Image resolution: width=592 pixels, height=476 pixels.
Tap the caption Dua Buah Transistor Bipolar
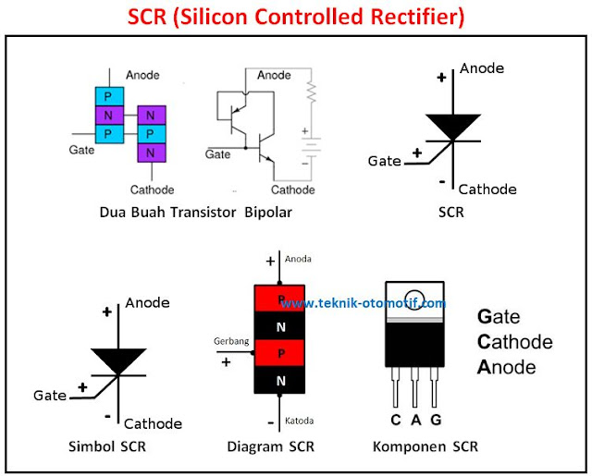click(x=195, y=213)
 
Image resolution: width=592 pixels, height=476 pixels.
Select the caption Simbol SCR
click(x=106, y=446)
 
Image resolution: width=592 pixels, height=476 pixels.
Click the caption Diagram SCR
click(x=270, y=446)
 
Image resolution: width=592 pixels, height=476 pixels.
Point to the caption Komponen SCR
click(x=425, y=446)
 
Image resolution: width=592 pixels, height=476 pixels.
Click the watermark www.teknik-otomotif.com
click(x=363, y=303)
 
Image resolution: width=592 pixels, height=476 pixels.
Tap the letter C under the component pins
click(x=396, y=421)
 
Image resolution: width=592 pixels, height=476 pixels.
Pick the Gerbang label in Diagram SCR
click(x=231, y=341)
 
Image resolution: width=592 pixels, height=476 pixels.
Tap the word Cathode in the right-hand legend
click(x=514, y=342)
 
